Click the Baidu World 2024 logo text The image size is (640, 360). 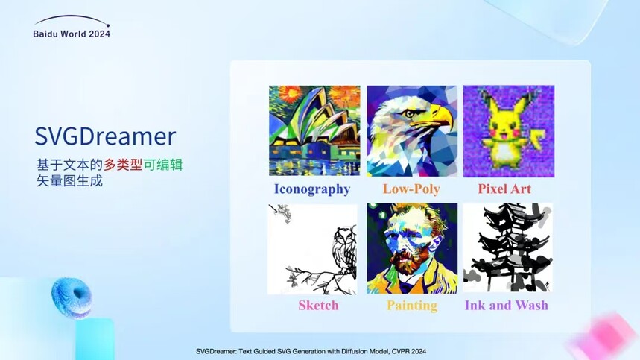tap(72, 34)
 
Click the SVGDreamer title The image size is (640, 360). tap(105, 136)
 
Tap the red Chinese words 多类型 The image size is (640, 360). tap(123, 165)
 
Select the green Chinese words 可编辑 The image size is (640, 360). tap(163, 165)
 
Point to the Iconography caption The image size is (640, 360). tap(312, 189)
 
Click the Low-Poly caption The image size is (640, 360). tap(411, 189)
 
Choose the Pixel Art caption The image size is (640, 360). tap(504, 189)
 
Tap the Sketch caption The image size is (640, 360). tap(318, 306)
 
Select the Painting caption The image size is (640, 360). tap(412, 306)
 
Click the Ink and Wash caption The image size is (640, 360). tap(507, 306)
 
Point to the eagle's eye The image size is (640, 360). tap(409, 113)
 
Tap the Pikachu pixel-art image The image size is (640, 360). tap(509, 131)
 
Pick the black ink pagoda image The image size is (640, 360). tap(508, 247)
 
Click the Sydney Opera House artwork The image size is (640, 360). tap(314, 130)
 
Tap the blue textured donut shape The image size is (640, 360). tap(72, 297)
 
